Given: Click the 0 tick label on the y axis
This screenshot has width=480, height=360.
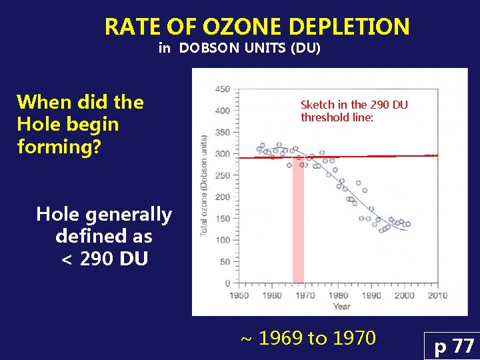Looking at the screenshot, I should [227, 283].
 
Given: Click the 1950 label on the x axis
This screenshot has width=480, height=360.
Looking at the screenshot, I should [239, 295].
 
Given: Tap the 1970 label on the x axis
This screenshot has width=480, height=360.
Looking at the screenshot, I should [305, 295].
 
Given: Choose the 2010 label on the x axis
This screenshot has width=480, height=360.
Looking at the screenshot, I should [437, 295].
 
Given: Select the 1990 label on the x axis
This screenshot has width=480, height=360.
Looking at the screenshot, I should [371, 295].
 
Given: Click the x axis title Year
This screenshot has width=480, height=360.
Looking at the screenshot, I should [341, 307].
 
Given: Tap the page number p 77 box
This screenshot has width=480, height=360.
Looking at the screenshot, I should [454, 347].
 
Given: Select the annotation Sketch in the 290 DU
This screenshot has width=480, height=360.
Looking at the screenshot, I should [354, 105].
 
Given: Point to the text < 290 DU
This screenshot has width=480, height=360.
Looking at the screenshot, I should [104, 258].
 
